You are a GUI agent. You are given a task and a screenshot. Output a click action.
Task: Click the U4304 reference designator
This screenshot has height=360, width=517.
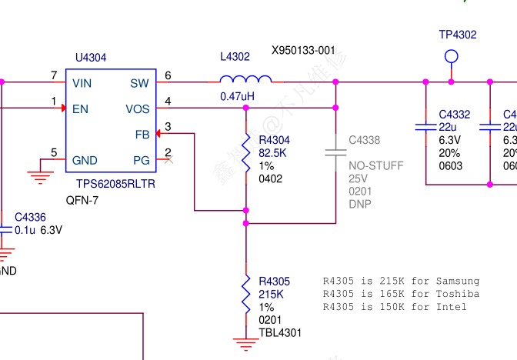(x=91, y=58)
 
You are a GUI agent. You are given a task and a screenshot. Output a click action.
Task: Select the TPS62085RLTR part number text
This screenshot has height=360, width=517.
(x=115, y=185)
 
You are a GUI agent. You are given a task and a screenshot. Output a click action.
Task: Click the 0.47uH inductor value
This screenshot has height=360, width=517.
(x=237, y=97)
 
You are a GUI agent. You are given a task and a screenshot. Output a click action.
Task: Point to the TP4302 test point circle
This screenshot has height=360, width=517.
(x=452, y=55)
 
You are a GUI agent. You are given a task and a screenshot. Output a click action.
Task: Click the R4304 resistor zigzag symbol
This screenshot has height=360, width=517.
(x=246, y=146)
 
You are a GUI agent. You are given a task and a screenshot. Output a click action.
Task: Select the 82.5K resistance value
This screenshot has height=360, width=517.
(x=273, y=153)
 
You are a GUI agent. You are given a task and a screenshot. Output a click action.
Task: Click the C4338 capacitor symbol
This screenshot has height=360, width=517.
(x=335, y=150)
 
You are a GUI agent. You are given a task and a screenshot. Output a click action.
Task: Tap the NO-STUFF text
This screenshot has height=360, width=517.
(x=375, y=165)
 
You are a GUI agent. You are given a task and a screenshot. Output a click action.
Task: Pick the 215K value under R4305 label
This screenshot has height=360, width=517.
(x=271, y=294)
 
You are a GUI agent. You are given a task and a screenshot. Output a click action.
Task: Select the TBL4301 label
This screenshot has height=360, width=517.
(x=280, y=333)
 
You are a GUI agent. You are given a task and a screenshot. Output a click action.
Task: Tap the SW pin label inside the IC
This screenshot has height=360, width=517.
(x=139, y=83)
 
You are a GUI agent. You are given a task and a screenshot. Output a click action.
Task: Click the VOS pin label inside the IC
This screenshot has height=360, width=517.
(x=138, y=109)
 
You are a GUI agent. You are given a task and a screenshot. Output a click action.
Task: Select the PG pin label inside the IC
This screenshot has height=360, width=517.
(x=142, y=161)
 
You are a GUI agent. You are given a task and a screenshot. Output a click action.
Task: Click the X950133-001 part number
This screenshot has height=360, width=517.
(x=303, y=51)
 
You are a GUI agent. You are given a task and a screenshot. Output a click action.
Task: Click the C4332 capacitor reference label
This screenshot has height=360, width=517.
(x=455, y=115)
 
